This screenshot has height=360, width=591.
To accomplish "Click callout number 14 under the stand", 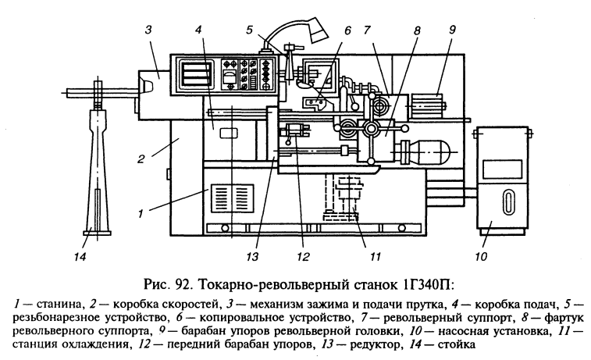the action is pyautogui.click(x=80, y=257).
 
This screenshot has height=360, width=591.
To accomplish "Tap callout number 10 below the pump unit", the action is pyautogui.click(x=481, y=257).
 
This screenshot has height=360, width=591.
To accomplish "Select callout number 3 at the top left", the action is pyautogui.click(x=148, y=30).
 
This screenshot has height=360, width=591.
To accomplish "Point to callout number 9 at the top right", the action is pyautogui.click(x=452, y=30).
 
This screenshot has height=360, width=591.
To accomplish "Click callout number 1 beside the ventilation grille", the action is pyautogui.click(x=141, y=214).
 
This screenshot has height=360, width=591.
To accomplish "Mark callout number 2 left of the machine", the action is pyautogui.click(x=141, y=159).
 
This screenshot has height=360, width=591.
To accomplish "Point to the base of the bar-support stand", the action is pyautogui.click(x=98, y=230).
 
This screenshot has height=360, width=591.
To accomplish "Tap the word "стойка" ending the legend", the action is pyautogui.click(x=457, y=344).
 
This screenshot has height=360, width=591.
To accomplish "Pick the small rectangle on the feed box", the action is pyautogui.click(x=230, y=133).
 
